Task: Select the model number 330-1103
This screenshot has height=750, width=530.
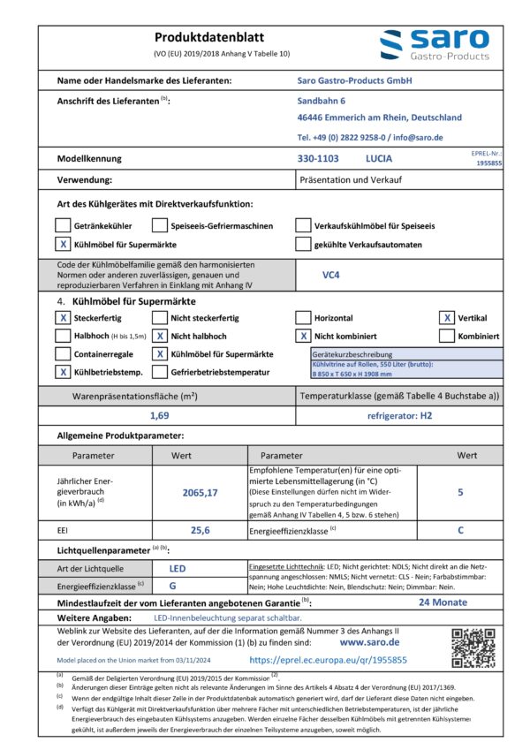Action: tap(318, 159)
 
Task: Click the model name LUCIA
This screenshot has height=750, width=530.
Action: tap(378, 159)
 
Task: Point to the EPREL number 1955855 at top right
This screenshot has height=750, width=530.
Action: tap(488, 163)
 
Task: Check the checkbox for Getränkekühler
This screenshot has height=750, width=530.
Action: tap(63, 225)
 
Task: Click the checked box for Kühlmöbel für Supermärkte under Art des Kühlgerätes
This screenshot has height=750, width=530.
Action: tap(63, 245)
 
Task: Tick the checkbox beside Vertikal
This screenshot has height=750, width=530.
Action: tap(448, 318)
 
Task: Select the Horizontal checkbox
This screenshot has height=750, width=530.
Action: tap(303, 318)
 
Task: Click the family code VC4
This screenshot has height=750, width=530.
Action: tap(332, 275)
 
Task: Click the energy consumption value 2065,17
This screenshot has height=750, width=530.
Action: tap(199, 492)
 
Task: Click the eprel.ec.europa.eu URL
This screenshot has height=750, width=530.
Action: tap(328, 659)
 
